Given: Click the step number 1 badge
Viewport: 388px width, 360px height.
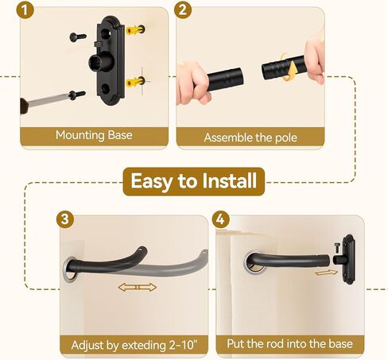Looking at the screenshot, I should click(x=27, y=10).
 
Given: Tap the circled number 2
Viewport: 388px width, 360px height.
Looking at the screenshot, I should click(x=183, y=10).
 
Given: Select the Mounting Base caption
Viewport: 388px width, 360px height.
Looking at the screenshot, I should click(x=95, y=135).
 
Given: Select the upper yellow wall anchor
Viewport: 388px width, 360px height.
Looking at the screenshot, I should click(x=136, y=31).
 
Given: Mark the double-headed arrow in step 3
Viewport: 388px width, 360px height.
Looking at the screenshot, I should click(x=137, y=285).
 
